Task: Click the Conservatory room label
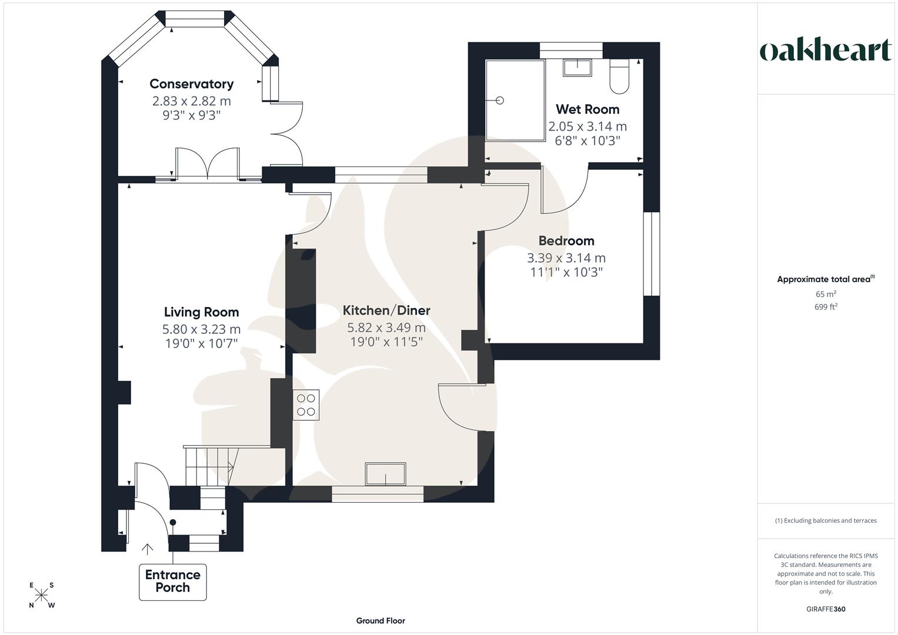click(191, 84)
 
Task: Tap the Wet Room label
click(587, 109)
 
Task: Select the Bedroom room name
click(566, 241)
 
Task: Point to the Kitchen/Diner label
click(386, 310)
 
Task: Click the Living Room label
click(201, 312)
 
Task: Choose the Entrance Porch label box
click(173, 581)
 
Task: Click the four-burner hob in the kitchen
click(306, 405)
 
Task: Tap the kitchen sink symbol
click(385, 474)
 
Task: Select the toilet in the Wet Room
click(620, 77)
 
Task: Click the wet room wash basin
click(577, 68)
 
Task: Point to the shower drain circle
click(500, 101)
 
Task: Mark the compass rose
click(41, 595)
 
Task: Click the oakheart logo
click(825, 51)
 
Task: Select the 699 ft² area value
click(825, 307)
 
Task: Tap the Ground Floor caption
click(380, 621)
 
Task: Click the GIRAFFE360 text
click(825, 609)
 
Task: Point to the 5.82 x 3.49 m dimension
click(386, 327)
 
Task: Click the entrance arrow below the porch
click(147, 549)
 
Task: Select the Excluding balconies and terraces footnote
click(825, 520)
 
